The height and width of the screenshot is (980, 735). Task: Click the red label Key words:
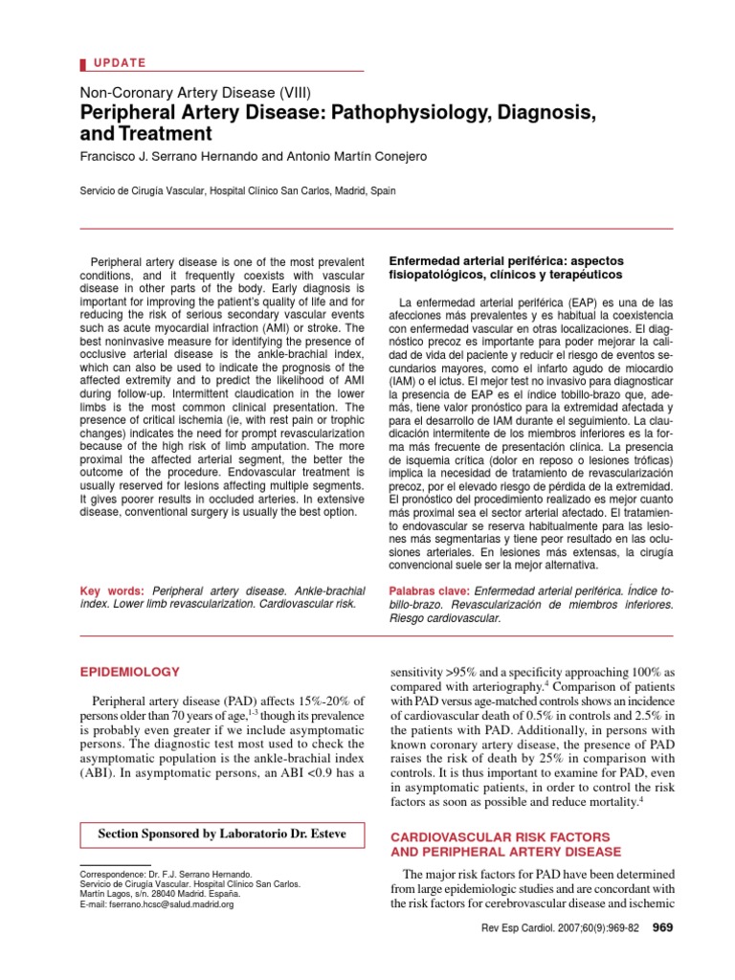pos(112,590)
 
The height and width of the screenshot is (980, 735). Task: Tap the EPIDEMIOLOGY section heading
pos(129,672)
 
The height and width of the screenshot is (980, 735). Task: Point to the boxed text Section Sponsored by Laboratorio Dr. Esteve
pos(222,835)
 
